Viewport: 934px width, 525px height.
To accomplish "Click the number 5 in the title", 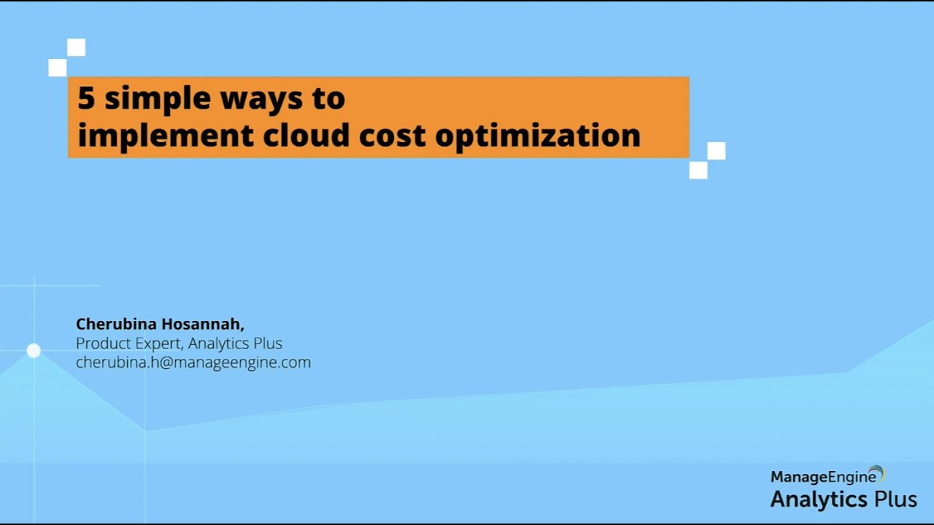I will click(x=85, y=98).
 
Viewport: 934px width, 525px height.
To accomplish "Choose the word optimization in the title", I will click(x=538, y=136).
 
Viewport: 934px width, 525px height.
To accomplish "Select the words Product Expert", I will click(x=128, y=343).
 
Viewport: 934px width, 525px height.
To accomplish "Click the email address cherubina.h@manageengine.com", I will click(x=193, y=362).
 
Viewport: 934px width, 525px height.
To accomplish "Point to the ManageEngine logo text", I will click(x=823, y=478).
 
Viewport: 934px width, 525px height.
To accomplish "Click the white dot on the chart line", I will click(x=34, y=351).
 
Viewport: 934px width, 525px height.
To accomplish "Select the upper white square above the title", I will click(x=76, y=48).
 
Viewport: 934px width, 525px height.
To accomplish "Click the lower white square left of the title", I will click(x=57, y=68).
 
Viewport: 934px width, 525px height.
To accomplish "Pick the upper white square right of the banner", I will click(x=717, y=151).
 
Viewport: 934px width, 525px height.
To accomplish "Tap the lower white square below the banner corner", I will click(x=698, y=170).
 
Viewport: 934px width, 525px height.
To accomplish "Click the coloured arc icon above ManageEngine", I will click(x=878, y=473).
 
